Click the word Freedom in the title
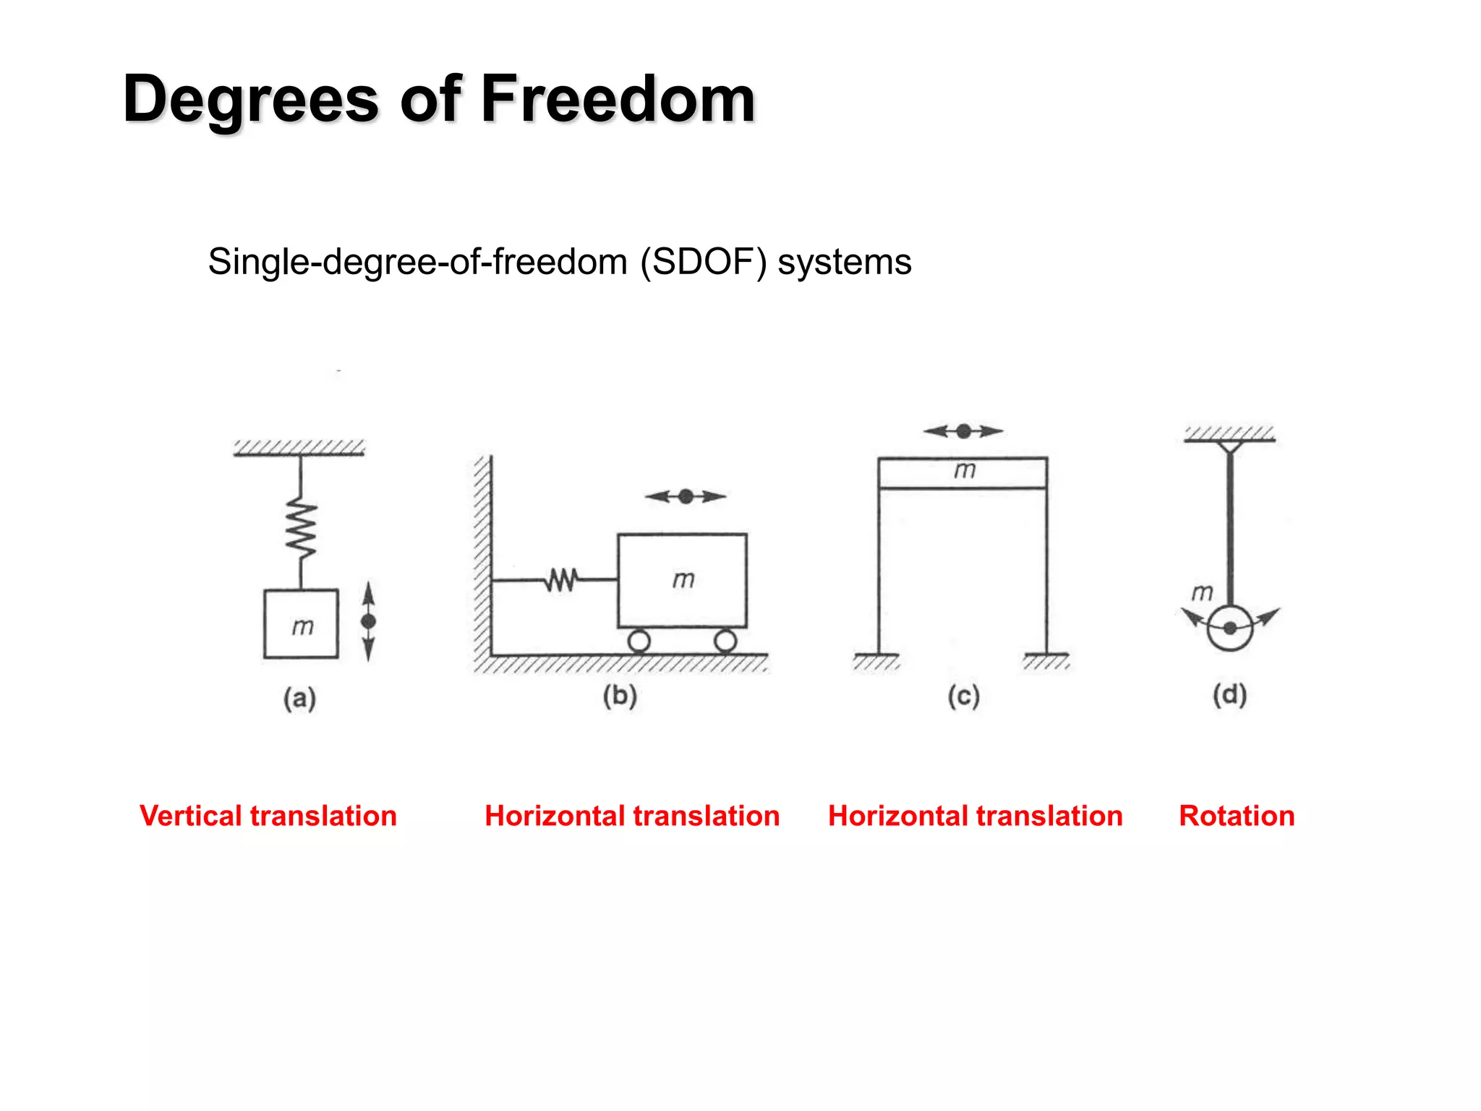(x=618, y=99)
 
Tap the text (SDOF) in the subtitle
(x=703, y=262)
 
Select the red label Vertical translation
(x=268, y=816)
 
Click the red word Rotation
(x=1237, y=816)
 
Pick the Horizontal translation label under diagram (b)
(x=632, y=816)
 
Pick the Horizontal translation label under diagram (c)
(x=976, y=816)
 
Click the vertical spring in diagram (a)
(x=301, y=527)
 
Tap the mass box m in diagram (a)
(x=301, y=623)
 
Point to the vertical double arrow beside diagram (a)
(x=369, y=621)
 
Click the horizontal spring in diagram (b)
(x=562, y=579)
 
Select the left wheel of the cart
(x=639, y=641)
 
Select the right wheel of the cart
(x=725, y=641)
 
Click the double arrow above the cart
(x=686, y=496)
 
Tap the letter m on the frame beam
(x=965, y=471)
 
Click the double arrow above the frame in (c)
(x=963, y=431)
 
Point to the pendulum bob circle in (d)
(x=1230, y=628)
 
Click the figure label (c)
(x=964, y=696)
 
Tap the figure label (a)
(x=299, y=699)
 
